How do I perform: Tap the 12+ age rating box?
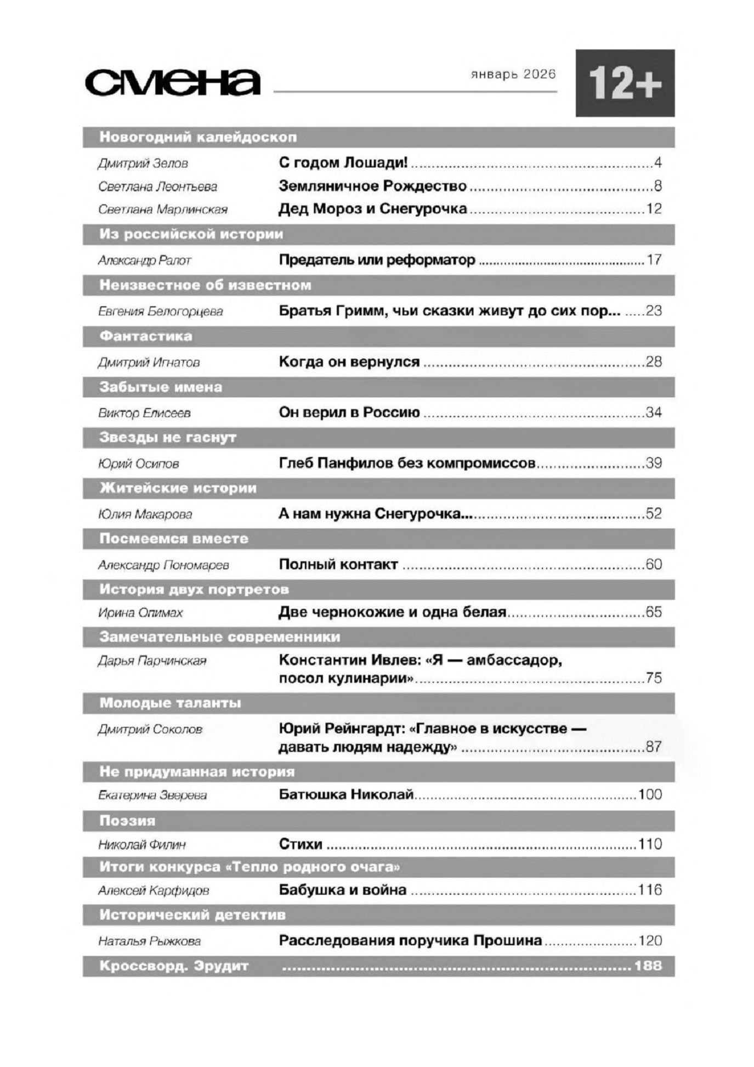click(625, 83)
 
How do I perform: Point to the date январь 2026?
click(513, 75)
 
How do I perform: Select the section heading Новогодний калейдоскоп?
click(197, 137)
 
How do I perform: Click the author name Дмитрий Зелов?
click(143, 163)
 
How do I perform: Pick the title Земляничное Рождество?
click(372, 186)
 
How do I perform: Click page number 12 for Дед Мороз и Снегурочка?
click(654, 209)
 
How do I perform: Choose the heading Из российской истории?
click(191, 234)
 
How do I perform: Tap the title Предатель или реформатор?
click(377, 260)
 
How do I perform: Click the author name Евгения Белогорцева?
click(160, 312)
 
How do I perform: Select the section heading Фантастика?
click(145, 336)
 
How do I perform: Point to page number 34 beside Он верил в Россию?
click(654, 413)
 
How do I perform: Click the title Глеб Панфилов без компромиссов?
click(407, 463)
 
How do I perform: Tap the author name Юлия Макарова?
click(145, 515)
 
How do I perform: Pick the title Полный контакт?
click(338, 564)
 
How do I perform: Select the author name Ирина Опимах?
click(140, 613)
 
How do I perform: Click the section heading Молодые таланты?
click(170, 703)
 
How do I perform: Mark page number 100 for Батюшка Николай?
click(650, 794)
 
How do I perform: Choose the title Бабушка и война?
click(343, 890)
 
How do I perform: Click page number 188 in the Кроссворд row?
click(648, 966)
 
